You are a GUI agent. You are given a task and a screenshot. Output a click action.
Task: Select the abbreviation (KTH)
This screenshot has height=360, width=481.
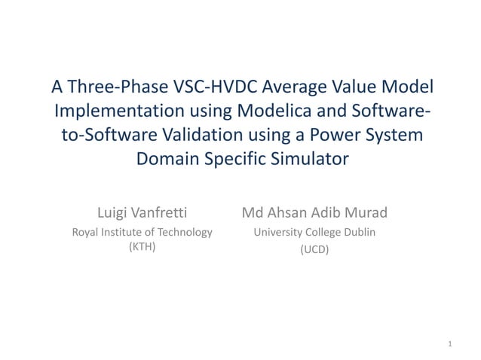click(x=142, y=247)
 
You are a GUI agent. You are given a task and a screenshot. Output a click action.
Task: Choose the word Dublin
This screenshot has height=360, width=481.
click(x=359, y=233)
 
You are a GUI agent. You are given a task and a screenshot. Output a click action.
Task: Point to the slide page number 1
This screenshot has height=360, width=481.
click(x=449, y=344)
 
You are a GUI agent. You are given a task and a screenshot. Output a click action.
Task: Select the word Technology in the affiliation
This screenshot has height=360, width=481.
click(x=185, y=233)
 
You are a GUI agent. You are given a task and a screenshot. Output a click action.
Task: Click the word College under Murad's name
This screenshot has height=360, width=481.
click(x=320, y=233)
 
